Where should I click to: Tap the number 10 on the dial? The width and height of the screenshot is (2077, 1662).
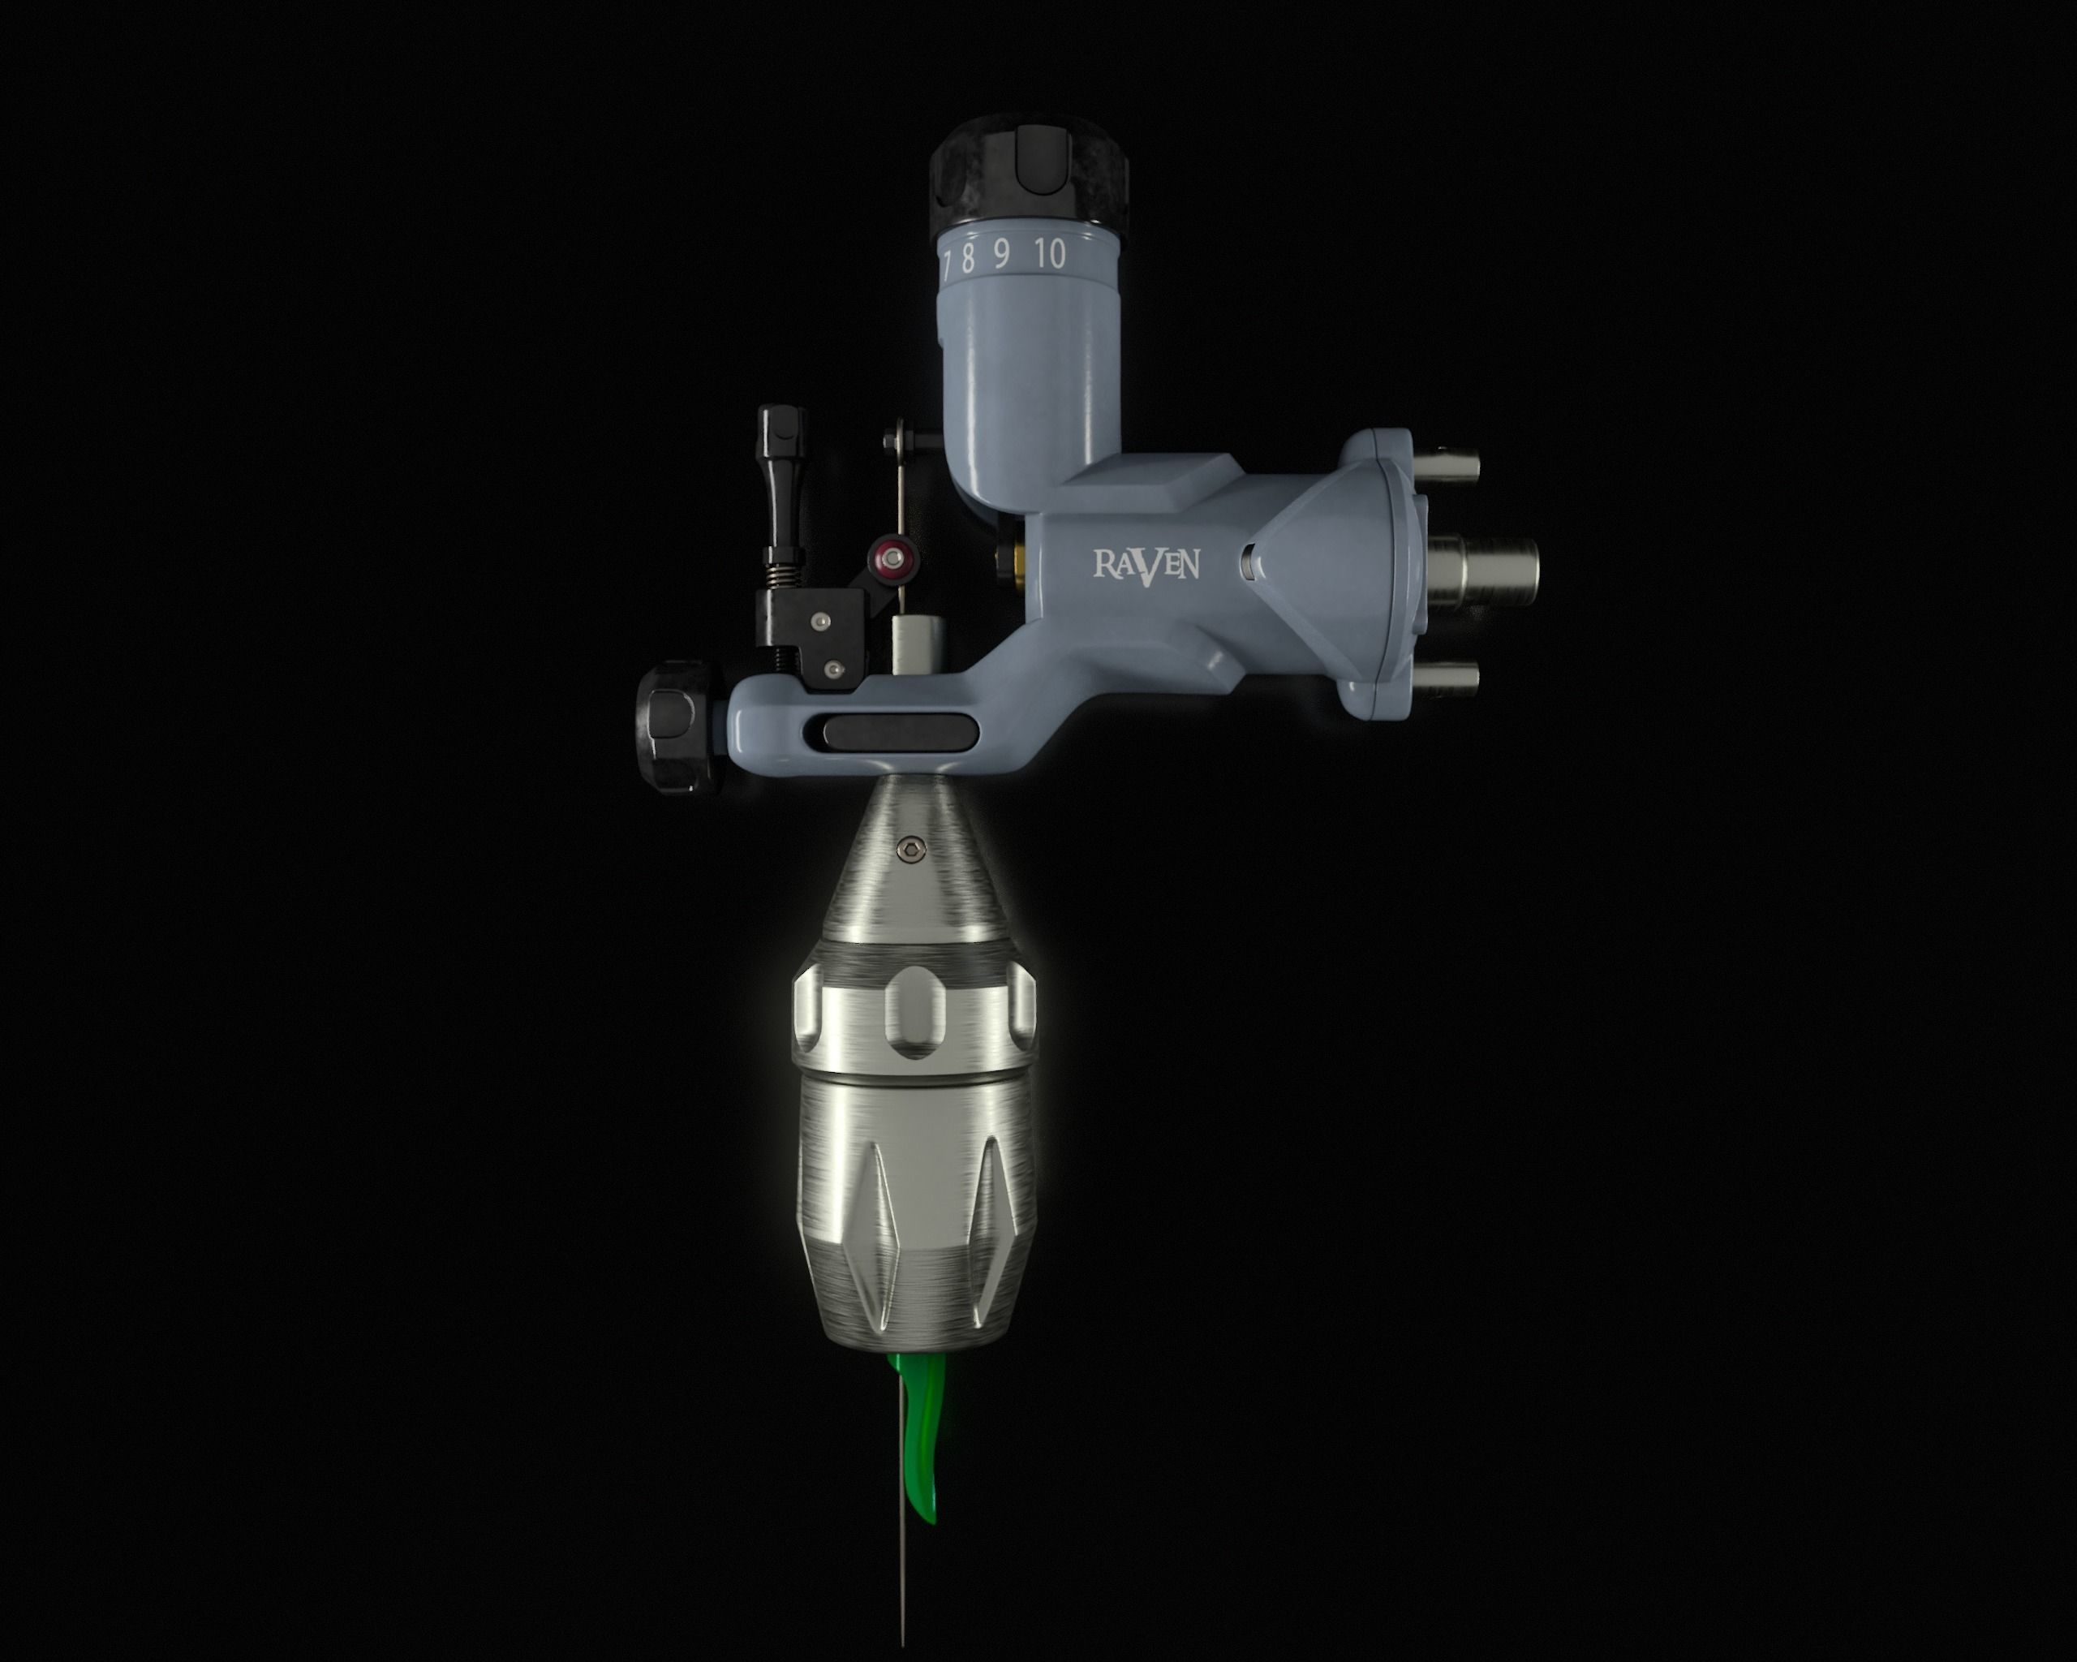1050,254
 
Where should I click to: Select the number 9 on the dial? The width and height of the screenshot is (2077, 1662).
1002,256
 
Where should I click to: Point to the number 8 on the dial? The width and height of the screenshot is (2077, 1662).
967,257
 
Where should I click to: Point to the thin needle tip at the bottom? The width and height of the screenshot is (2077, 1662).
901,1628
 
